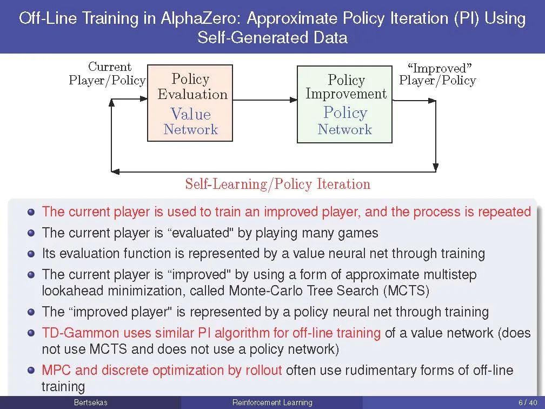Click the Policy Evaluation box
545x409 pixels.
coord(190,103)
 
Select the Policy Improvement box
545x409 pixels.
coord(344,104)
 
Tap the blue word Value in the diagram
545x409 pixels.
coord(190,114)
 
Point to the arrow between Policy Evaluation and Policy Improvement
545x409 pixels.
coord(265,100)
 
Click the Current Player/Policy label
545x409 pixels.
coord(107,74)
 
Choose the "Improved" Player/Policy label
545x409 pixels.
coord(437,74)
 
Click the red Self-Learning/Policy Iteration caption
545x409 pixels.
coord(278,183)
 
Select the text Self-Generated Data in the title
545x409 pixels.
coord(272,37)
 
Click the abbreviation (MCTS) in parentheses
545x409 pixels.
coord(407,290)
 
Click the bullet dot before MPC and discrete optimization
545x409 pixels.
coord(31,370)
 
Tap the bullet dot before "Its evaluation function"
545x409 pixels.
coord(31,253)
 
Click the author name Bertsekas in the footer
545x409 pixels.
coord(91,403)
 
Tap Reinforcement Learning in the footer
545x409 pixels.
coord(272,403)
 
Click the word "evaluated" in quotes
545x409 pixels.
coord(200,233)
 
